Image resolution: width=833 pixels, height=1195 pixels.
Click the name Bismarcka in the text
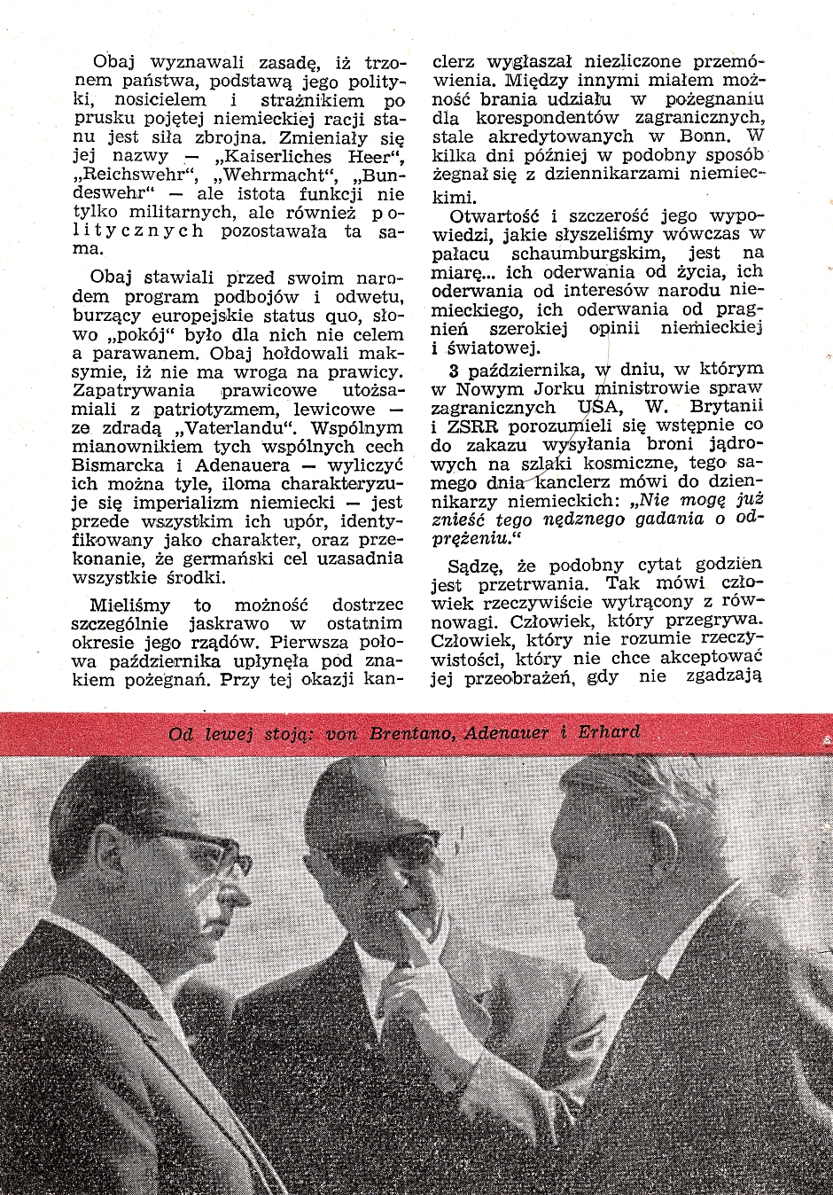click(118, 465)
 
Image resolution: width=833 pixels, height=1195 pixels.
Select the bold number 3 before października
click(454, 370)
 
